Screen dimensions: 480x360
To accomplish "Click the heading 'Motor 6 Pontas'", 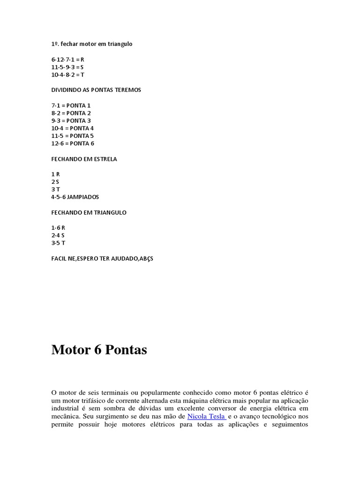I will point(99,350).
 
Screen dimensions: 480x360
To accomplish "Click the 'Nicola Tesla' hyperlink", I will point(207,416).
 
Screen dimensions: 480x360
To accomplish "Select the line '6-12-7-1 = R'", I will point(67,60).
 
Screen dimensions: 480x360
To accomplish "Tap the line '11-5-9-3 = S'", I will point(67,67).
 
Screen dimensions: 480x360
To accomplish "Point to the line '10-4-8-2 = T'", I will point(67,75).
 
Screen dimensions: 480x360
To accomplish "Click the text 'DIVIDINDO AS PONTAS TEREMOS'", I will point(96,90).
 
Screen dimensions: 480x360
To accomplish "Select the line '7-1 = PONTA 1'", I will point(71,105).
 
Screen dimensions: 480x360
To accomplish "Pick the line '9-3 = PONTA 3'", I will point(71,120).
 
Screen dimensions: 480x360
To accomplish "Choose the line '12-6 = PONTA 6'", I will point(73,143).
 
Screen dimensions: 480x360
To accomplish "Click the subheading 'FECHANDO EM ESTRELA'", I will point(84,159).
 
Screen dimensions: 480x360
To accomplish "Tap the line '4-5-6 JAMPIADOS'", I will point(75,197).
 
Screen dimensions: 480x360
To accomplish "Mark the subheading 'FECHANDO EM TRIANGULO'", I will point(89,212).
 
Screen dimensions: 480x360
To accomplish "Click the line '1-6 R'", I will point(58,227).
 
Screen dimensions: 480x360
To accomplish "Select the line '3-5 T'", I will point(58,243).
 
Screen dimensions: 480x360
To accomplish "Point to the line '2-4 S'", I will point(58,235).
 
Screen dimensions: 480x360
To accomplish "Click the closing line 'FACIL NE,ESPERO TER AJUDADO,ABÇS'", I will point(102,258).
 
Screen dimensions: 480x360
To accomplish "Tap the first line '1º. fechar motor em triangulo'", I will point(92,44).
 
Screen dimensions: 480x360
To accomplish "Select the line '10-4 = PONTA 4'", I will point(73,128).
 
